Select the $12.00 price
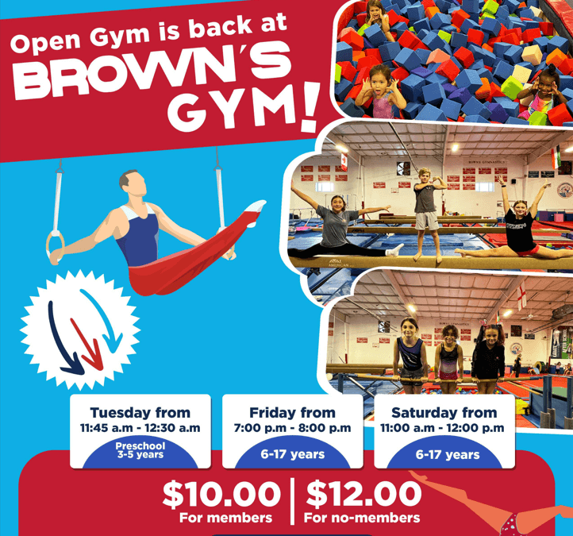point(363,494)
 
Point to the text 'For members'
point(225,518)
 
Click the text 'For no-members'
point(362,518)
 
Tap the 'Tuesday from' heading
point(140,413)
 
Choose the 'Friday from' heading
point(291,413)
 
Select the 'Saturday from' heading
point(444,413)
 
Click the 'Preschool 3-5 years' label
point(140,452)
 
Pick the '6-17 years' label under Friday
point(292,454)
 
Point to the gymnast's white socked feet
point(254,207)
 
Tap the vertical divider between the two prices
point(293,500)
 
